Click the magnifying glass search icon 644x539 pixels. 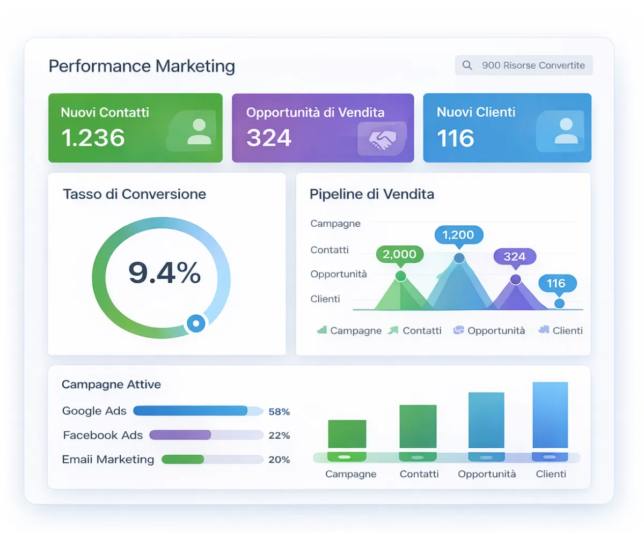coord(467,65)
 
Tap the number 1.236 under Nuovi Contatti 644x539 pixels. coord(93,138)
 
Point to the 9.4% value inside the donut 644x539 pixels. coord(165,273)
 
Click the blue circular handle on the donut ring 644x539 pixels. coord(196,323)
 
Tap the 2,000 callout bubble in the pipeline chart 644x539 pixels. coord(400,254)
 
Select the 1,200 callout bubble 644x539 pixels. coord(458,234)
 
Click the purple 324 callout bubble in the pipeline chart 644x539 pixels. coord(515,256)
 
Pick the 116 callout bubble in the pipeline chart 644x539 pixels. coord(557,283)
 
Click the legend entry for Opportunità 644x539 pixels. coord(489,330)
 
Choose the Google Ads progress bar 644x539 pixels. coord(198,411)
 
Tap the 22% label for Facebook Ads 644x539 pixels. coord(279,435)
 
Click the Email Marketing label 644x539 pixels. coord(108,460)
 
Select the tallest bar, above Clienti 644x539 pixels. coord(550,415)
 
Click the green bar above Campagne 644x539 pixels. coord(347,434)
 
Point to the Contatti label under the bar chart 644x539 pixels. coord(419,474)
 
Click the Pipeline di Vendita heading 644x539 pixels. coord(372,194)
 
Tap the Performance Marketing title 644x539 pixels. coord(142,67)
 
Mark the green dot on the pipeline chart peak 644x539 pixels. coord(400,276)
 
